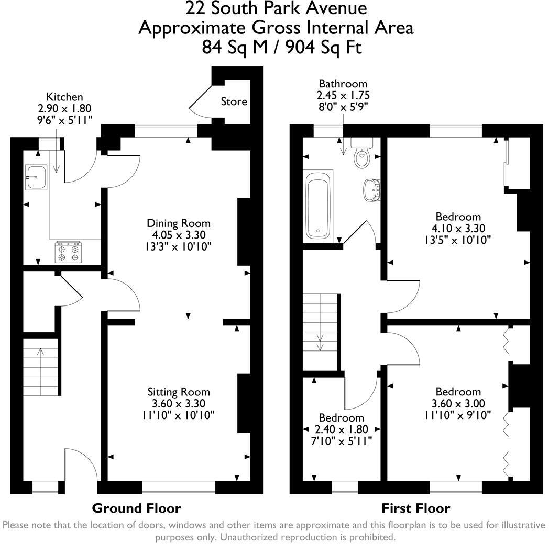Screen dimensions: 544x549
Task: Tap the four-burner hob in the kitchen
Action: click(69, 251)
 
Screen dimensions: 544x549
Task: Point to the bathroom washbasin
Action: click(372, 189)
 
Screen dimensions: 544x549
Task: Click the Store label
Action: click(234, 101)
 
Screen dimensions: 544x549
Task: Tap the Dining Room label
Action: click(178, 223)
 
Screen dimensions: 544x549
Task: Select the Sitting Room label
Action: click(178, 392)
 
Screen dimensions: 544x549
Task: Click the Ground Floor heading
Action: click(136, 508)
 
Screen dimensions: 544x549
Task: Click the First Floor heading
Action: click(415, 508)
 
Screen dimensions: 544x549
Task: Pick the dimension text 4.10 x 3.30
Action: click(458, 228)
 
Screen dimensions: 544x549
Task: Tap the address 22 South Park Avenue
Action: click(276, 8)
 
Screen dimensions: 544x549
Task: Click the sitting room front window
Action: click(179, 487)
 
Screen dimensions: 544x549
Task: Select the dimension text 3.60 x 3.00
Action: click(458, 403)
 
